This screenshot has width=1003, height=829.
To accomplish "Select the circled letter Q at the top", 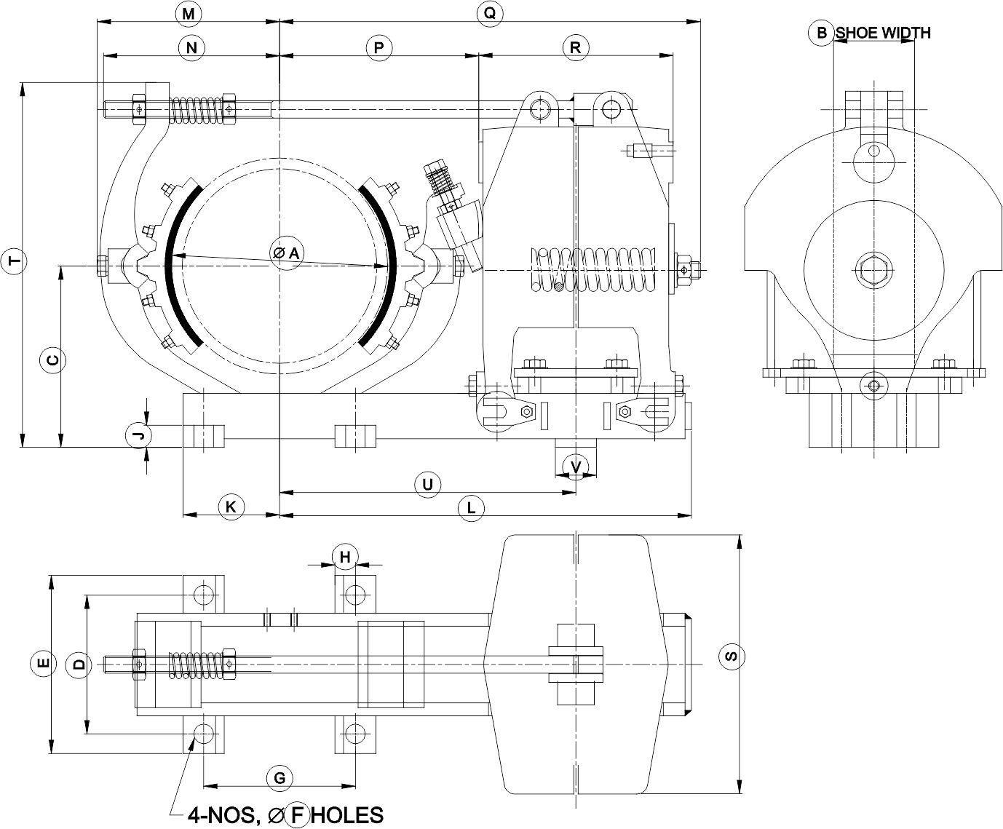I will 489,13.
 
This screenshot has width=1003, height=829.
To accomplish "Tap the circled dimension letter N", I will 191,48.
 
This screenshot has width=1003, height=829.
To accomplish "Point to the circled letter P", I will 378,48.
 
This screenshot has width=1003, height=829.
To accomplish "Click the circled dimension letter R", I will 575,48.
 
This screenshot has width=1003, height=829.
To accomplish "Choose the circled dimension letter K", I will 231,507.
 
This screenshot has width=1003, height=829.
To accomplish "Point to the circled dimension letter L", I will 472,508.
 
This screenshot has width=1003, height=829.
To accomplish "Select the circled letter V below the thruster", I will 576,467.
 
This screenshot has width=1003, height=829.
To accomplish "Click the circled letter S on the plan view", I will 732,657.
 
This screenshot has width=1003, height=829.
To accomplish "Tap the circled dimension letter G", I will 279,777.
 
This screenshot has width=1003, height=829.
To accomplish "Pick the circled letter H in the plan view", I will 345,558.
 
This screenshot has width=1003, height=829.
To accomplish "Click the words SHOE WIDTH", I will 883,33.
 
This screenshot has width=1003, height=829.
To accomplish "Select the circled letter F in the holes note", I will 297,815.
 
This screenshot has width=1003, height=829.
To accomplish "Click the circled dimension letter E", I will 43,663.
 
